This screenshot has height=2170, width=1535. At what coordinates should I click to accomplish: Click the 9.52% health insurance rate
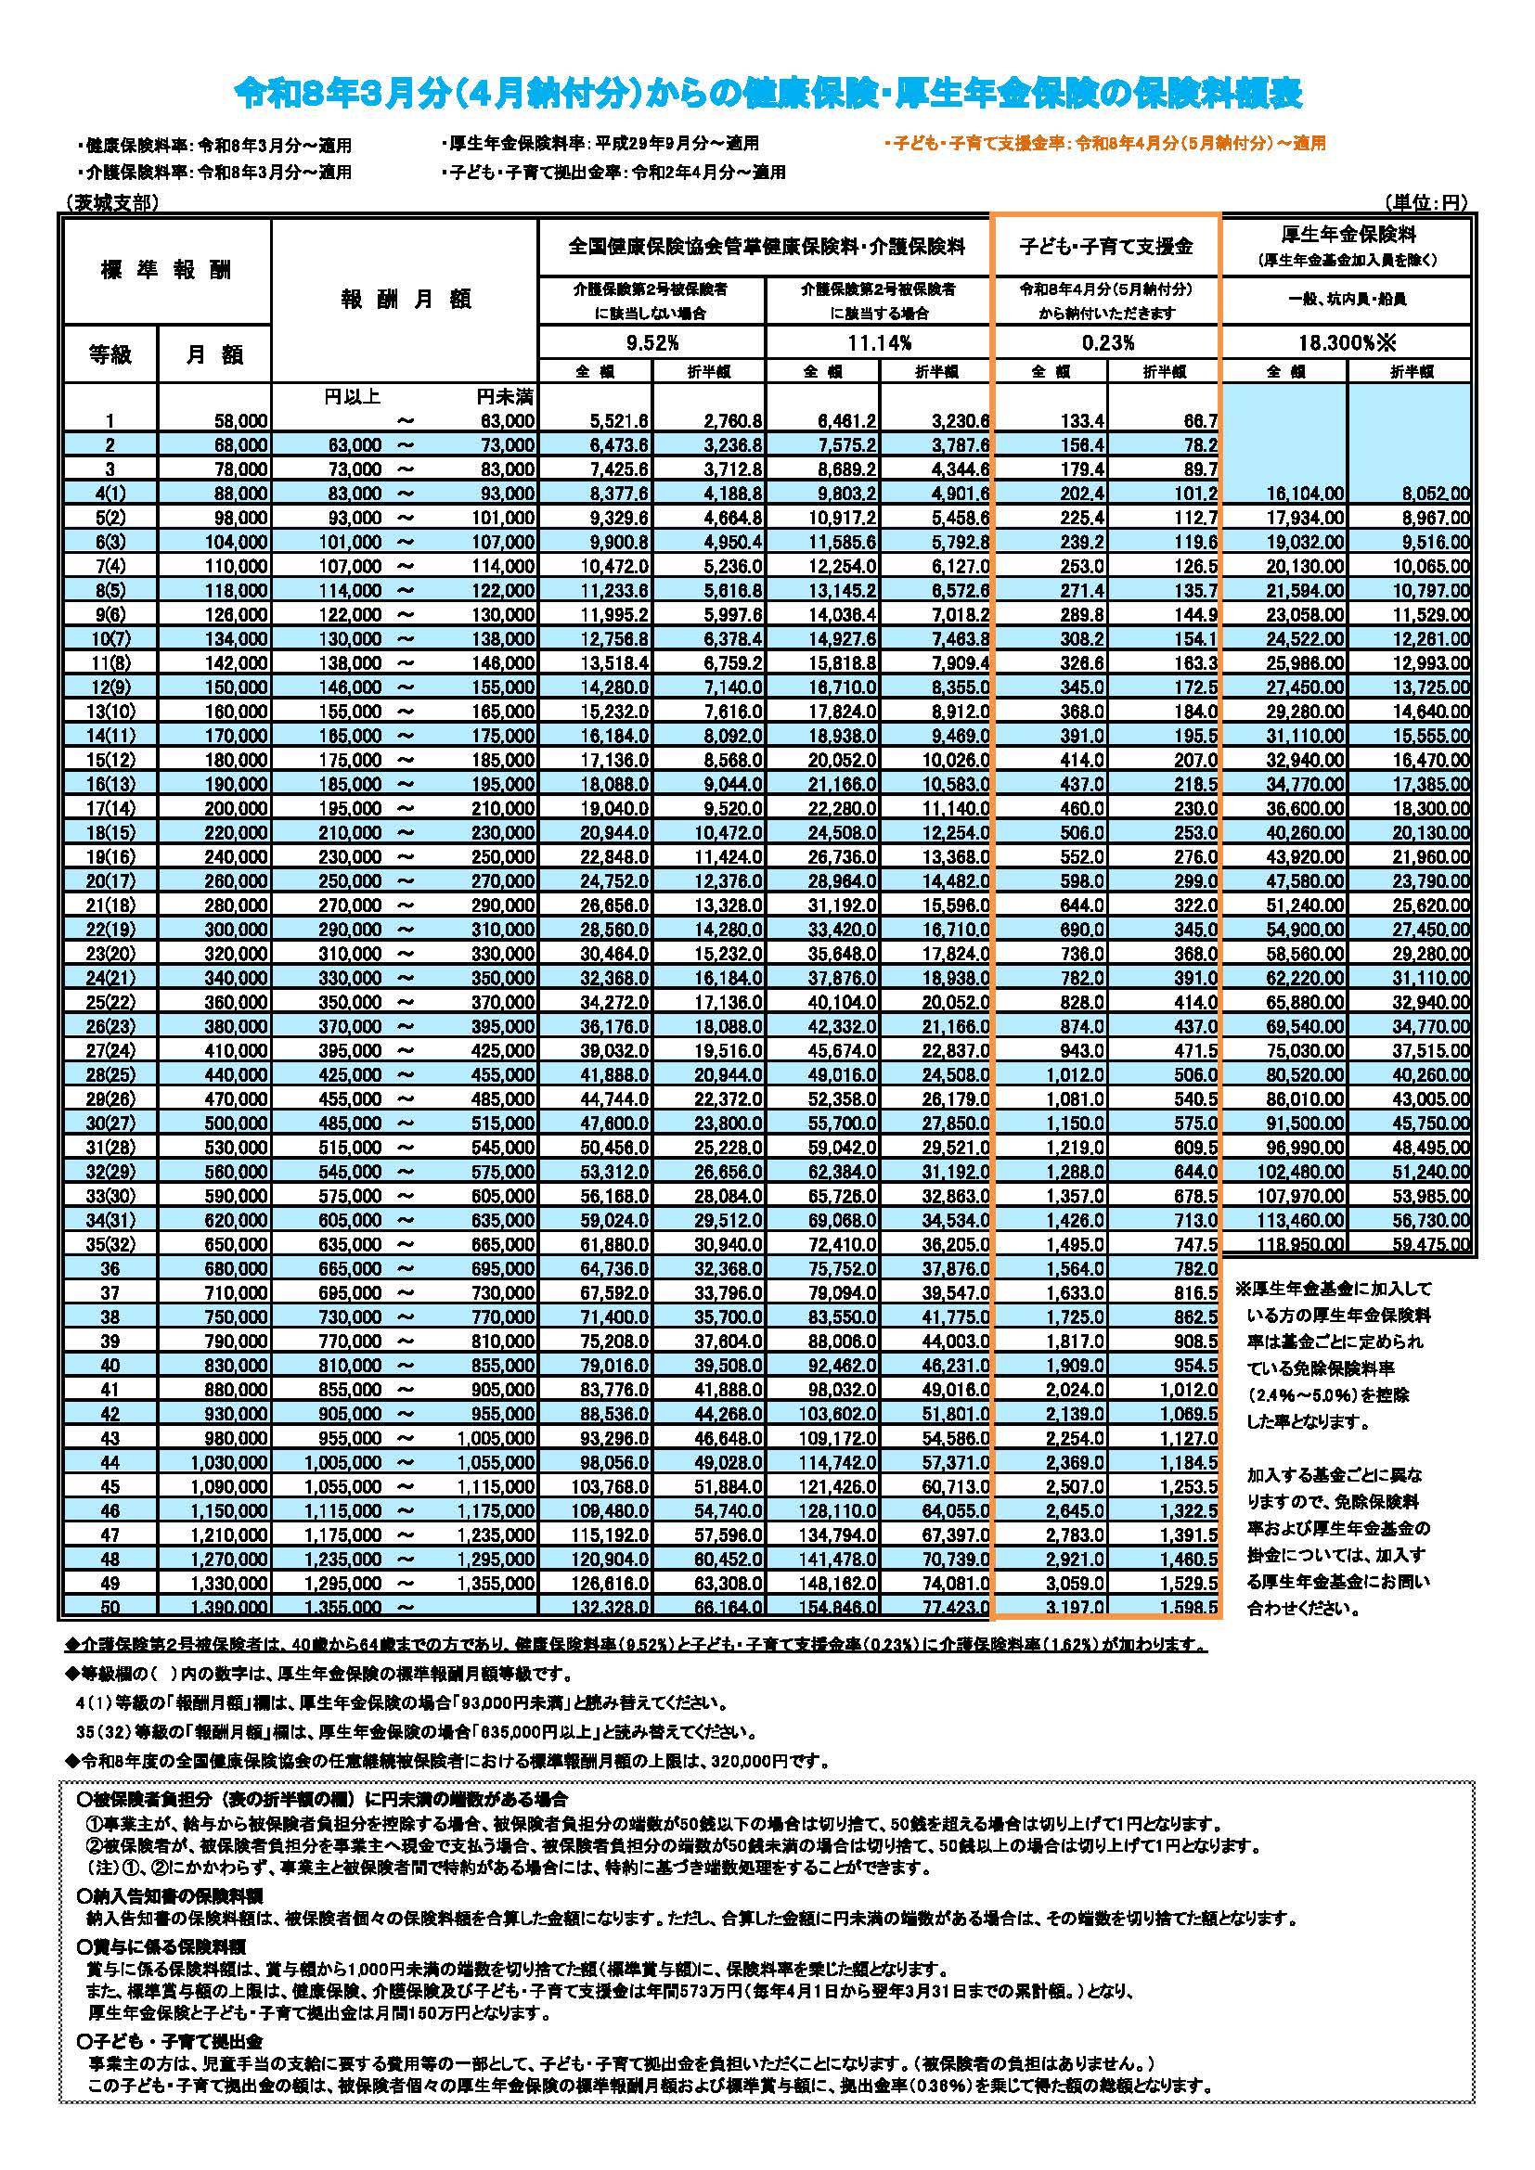click(651, 342)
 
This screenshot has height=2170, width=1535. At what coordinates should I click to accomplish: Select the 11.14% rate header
click(879, 342)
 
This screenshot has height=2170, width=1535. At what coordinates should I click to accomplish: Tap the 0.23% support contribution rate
click(1107, 342)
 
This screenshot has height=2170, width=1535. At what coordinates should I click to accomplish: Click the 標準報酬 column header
click(165, 270)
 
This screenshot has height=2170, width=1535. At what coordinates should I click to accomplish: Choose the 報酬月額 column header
click(405, 300)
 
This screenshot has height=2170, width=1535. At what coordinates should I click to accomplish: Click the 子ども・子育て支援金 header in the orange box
click(1106, 247)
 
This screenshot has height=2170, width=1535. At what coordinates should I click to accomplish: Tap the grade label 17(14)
click(110, 808)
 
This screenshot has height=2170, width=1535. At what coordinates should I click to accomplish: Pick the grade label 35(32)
click(110, 1244)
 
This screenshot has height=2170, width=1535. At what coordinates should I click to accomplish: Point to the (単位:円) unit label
click(1424, 202)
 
